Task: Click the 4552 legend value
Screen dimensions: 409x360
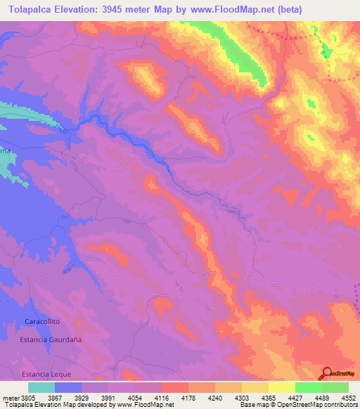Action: [x=349, y=398]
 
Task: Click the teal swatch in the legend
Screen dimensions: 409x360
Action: [x=41, y=387]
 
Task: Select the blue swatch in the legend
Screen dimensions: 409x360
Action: [x=68, y=387]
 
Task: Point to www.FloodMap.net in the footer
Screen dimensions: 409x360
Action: [x=146, y=405]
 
